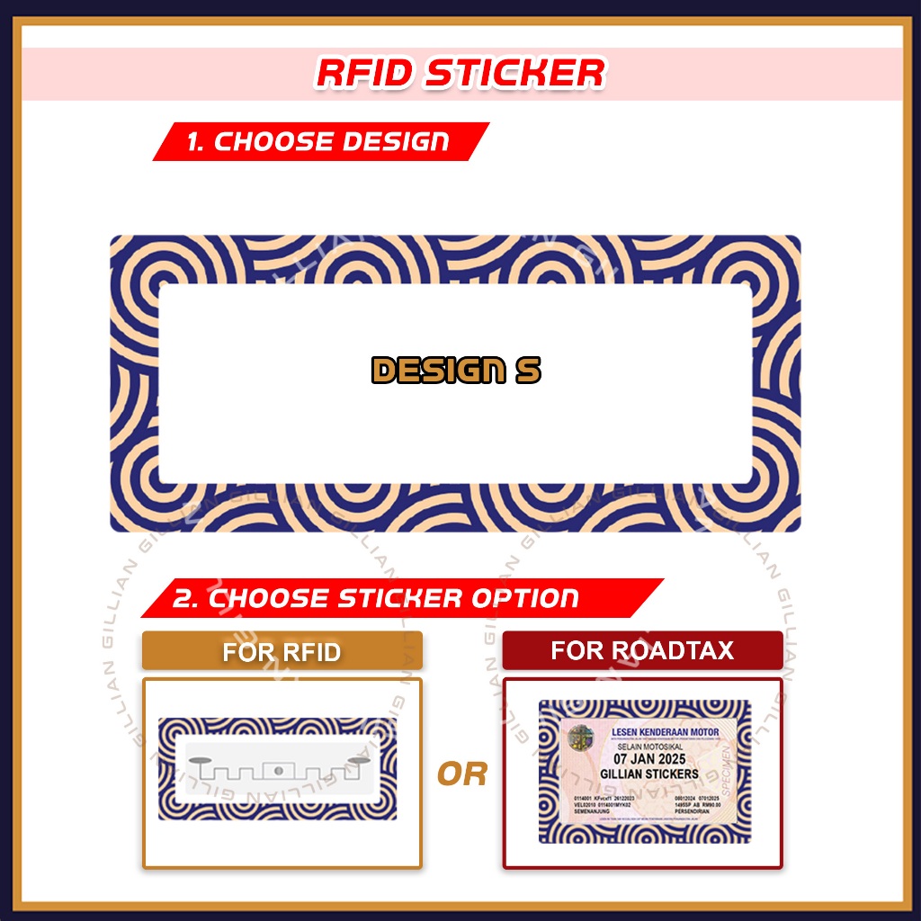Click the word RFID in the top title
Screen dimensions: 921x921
tap(364, 74)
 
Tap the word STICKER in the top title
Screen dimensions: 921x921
tap(515, 74)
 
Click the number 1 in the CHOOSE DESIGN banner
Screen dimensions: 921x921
tap(193, 142)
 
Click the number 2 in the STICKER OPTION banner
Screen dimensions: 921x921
tap(184, 599)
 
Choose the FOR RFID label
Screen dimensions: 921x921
tap(282, 651)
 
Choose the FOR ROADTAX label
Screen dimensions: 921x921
tap(642, 650)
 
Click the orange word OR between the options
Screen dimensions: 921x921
tap(461, 773)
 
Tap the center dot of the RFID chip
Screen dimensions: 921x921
tap(278, 770)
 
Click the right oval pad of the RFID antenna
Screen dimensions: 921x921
tap(357, 763)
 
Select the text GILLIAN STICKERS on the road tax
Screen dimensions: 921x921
tap(649, 773)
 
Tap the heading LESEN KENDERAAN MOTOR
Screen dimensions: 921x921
tap(665, 733)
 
